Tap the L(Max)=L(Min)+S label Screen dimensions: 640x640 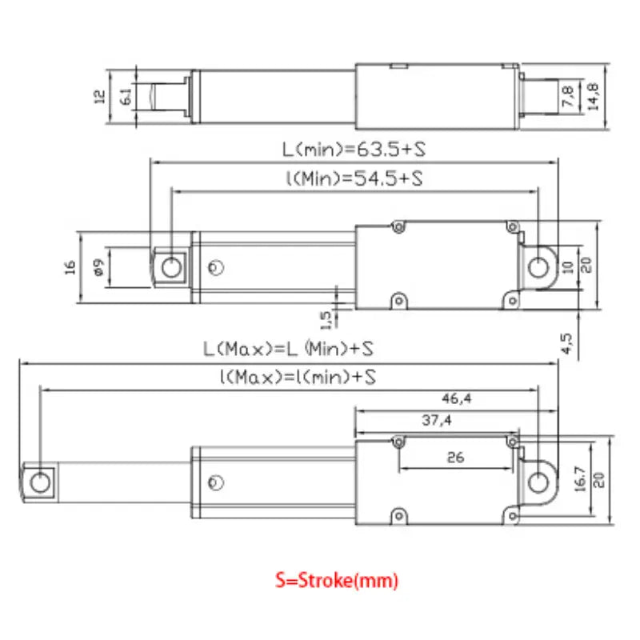[x=288, y=350]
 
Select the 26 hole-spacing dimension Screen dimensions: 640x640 [x=455, y=458]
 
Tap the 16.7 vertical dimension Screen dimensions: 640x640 [x=582, y=481]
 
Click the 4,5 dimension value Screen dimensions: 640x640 [x=566, y=342]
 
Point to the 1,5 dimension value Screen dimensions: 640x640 [x=326, y=319]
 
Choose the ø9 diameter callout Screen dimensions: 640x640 [x=97, y=267]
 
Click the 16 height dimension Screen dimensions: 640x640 [x=70, y=267]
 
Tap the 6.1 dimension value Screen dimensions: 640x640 [x=126, y=98]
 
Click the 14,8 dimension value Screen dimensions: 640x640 [x=593, y=98]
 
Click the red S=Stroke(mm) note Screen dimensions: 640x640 [x=336, y=580]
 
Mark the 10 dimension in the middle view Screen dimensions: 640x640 [x=569, y=266]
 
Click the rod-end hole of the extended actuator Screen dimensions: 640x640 [x=38, y=482]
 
